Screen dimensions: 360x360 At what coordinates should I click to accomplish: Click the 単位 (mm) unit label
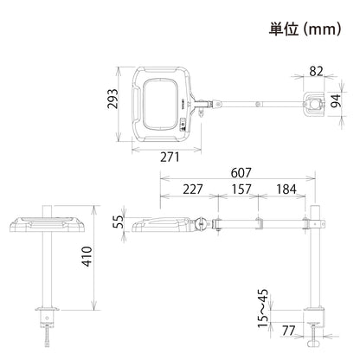[305, 29]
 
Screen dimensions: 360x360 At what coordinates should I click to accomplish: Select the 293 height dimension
[112, 99]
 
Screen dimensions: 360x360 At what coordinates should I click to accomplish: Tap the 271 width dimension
[170, 157]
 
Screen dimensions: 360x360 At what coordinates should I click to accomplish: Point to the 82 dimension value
[316, 71]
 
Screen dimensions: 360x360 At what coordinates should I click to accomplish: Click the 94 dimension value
[336, 100]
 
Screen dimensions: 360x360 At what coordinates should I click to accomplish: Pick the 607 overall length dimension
[241, 173]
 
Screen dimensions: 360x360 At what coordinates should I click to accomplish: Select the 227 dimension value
[193, 190]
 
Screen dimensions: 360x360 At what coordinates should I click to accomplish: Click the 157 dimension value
[241, 190]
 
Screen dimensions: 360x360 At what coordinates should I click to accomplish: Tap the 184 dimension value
[286, 190]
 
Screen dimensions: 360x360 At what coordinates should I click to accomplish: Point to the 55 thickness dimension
[118, 222]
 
